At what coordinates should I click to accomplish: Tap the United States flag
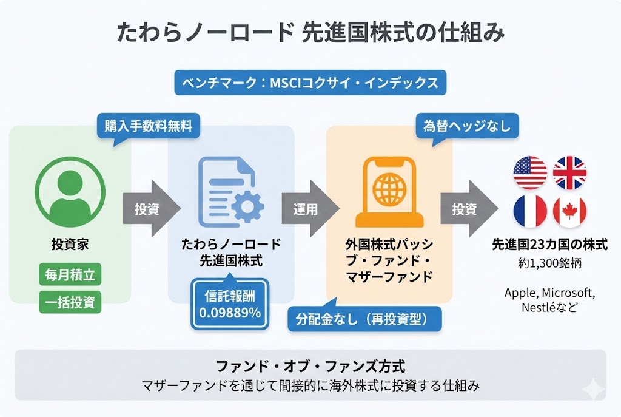pos(530,172)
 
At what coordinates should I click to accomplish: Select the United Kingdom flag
pos(569,172)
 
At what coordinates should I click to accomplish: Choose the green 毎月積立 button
pos(70,274)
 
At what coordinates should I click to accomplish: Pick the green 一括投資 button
pos(70,302)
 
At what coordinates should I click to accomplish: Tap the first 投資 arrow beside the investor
pos(148,210)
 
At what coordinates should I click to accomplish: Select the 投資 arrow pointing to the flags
pos(466,210)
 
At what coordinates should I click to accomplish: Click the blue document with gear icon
pos(229,191)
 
